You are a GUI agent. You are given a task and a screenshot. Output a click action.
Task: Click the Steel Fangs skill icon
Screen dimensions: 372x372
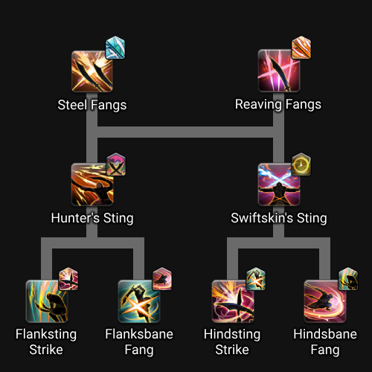[92, 71]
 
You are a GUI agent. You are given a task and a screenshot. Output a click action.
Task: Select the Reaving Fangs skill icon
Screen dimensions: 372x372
[279, 71]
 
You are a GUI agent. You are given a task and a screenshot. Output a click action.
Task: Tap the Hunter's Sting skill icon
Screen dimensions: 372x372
[92, 185]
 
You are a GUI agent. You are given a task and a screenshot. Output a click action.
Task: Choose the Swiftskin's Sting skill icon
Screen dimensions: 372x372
[279, 185]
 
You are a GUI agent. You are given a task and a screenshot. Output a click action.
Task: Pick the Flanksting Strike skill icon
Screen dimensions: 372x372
[47, 301]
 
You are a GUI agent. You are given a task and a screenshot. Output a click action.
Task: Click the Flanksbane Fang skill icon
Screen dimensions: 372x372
[139, 301]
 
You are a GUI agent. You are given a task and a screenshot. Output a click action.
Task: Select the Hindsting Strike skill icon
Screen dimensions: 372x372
[233, 301]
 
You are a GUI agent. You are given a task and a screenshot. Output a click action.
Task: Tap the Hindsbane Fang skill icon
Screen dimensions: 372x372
[325, 301]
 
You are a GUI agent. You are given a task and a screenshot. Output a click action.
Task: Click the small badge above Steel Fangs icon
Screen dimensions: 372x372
[115, 48]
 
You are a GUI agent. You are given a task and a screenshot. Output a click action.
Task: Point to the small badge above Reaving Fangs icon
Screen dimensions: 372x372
[301, 48]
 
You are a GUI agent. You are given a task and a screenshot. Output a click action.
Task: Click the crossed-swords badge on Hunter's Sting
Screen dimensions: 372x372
[116, 164]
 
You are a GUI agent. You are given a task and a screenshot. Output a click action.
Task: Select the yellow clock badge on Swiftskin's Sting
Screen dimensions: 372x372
[301, 164]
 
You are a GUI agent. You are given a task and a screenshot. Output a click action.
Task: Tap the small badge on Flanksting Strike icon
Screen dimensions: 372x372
[68, 279]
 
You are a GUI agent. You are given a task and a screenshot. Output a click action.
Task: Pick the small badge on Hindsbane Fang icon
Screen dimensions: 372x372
[348, 279]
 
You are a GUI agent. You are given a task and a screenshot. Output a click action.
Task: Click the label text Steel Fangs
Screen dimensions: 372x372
[92, 105]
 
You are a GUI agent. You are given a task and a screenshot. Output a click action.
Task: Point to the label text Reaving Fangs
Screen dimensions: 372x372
[278, 104]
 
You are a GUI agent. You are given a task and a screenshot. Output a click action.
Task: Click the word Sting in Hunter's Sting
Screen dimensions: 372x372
[118, 218]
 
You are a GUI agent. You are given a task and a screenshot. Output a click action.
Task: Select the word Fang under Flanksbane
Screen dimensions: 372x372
[139, 350]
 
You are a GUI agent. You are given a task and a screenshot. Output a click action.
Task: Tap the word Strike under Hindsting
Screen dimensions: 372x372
[232, 350]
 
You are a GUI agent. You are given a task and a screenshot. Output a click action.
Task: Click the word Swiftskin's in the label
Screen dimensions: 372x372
[262, 218]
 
